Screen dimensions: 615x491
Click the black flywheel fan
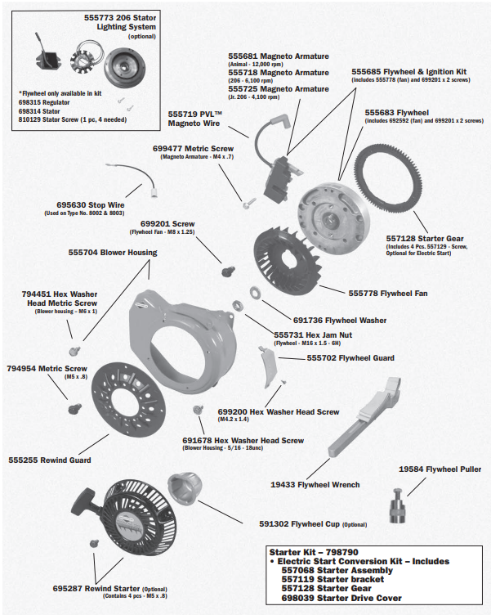(x=282, y=258)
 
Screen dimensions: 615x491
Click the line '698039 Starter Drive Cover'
(x=341, y=599)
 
